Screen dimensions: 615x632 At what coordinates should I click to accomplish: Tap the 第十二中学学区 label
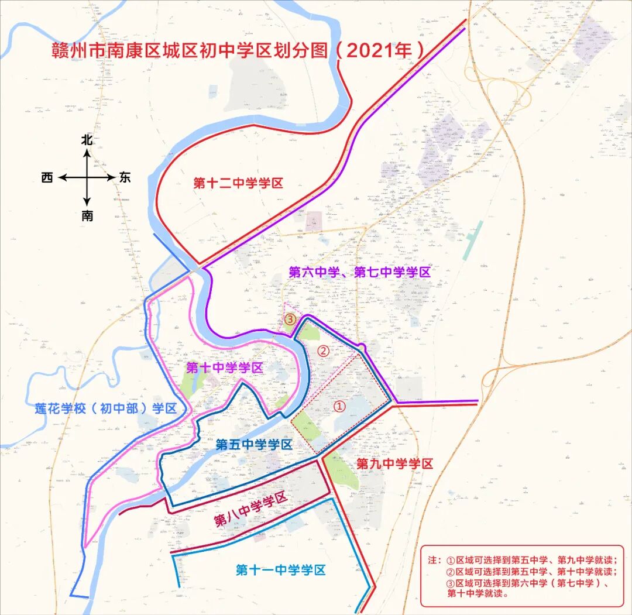(239, 183)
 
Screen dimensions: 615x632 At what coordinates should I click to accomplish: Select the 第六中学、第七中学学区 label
(360, 272)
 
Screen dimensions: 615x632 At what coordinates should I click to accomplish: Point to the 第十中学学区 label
(225, 368)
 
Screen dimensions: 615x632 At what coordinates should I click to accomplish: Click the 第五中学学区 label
(253, 445)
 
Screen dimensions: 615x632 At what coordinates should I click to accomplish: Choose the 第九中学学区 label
(394, 464)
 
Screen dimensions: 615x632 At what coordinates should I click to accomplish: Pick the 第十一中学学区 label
(280, 570)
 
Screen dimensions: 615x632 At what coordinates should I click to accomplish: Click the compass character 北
(87, 140)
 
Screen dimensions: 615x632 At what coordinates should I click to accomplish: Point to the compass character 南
(87, 216)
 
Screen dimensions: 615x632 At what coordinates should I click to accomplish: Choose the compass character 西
(47, 178)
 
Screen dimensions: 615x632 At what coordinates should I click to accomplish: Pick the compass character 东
(125, 178)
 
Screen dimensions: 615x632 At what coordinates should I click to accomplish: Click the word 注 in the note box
(434, 559)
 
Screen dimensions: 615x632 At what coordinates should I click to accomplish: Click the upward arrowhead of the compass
(87, 153)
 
